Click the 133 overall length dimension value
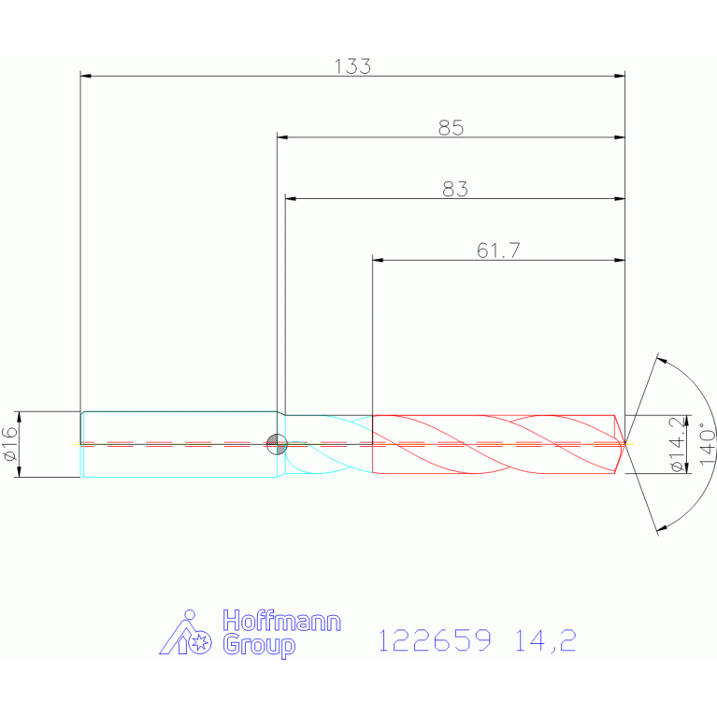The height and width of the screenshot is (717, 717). [352, 66]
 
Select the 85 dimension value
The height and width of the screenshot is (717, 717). [451, 127]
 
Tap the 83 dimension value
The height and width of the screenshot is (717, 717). [455, 189]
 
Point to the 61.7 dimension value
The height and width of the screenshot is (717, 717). [498, 251]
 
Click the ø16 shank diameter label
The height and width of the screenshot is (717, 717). [10, 443]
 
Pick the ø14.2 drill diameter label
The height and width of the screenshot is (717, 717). [678, 444]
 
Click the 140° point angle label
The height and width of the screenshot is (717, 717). [707, 443]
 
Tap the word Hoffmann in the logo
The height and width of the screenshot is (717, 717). [281, 621]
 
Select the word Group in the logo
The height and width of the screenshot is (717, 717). [259, 645]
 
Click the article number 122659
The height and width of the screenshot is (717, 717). [435, 640]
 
